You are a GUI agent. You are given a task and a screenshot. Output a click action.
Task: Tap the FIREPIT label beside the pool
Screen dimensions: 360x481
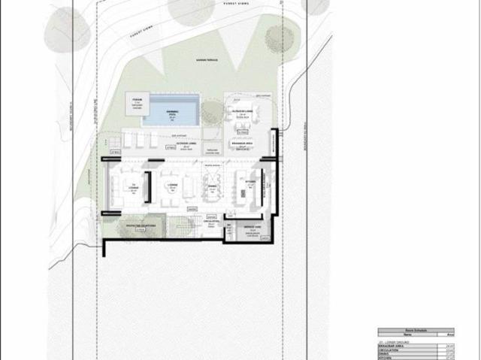click(x=137, y=100)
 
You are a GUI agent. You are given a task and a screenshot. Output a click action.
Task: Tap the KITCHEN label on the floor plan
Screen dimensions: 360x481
click(x=250, y=181)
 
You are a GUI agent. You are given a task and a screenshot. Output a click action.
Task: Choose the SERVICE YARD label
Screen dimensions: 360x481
click(x=252, y=225)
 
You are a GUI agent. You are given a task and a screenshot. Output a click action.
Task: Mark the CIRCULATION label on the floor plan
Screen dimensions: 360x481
click(x=211, y=222)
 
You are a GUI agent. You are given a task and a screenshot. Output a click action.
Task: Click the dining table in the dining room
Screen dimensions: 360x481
click(x=213, y=193)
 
